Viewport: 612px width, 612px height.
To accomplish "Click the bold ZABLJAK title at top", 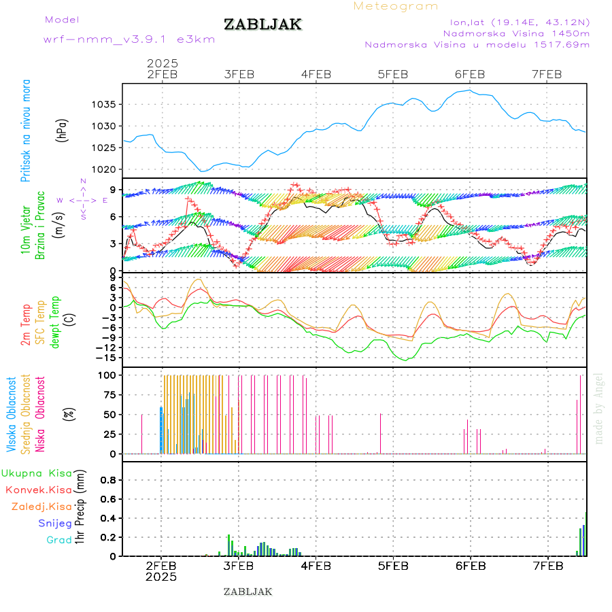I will click(262, 25).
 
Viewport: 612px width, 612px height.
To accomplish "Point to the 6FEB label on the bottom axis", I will click(470, 566).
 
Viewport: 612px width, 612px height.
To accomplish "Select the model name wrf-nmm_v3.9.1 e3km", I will click(129, 39).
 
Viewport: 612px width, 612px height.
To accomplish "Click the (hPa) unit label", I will click(63, 129).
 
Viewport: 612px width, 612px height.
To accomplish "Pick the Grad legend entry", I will click(59, 540).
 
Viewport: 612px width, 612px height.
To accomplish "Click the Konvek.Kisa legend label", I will click(39, 490).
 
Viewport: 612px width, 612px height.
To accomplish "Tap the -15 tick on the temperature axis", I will click(105, 358).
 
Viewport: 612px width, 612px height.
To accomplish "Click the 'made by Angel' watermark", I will click(599, 408).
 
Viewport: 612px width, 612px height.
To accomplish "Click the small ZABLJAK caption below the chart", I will click(248, 592).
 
